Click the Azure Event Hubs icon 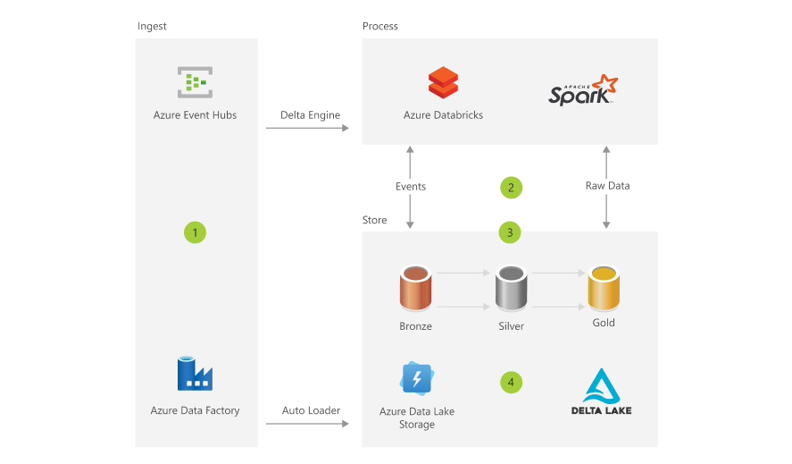[x=194, y=83]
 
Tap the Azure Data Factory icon [x=195, y=374]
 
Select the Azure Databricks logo [x=443, y=83]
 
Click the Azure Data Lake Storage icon [x=418, y=378]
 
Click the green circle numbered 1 [x=195, y=232]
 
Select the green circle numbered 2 [x=511, y=188]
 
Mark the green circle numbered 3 [x=510, y=232]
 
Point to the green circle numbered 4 [x=511, y=382]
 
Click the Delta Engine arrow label [x=310, y=115]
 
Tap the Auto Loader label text [x=311, y=410]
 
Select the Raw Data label [x=607, y=187]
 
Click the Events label [x=411, y=187]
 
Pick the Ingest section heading [x=152, y=26]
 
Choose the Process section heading [x=380, y=26]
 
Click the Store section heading [x=375, y=220]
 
